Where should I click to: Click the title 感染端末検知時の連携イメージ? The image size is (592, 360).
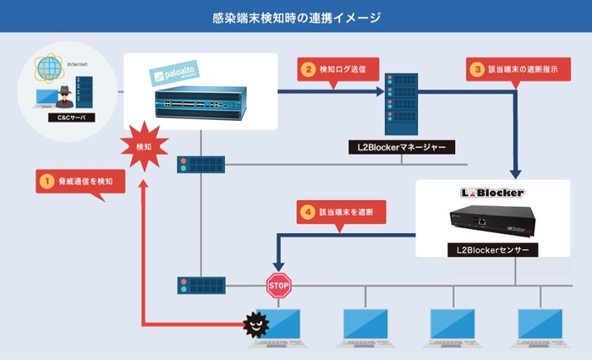[x=296, y=16]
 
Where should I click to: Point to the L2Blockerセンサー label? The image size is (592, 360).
[x=492, y=250]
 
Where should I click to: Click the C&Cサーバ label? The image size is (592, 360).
[x=64, y=116]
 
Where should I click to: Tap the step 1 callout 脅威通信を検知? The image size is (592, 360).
[x=81, y=181]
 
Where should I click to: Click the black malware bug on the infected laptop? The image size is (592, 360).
[x=254, y=325]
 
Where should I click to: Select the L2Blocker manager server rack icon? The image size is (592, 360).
[x=401, y=104]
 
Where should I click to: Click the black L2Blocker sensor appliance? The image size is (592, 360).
[x=492, y=221]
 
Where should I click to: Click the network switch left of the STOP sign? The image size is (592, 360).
[x=200, y=285]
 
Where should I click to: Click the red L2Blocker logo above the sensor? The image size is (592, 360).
[x=492, y=193]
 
